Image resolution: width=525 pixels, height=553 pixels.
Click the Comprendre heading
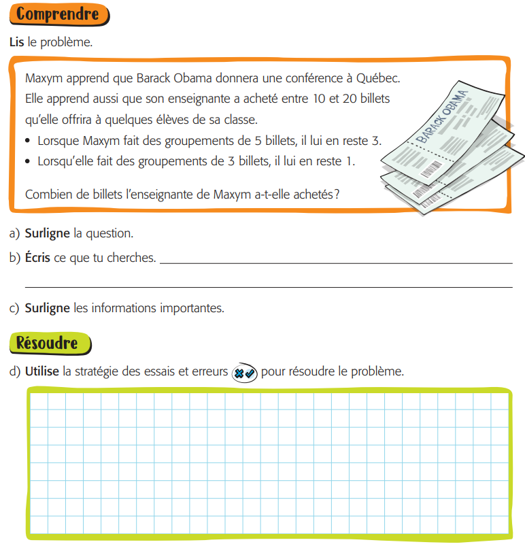[x=58, y=14]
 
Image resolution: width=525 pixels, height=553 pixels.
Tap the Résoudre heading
[x=48, y=343]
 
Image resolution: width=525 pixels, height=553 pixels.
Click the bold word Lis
[x=17, y=42]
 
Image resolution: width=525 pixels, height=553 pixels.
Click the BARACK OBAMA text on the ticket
[x=441, y=116]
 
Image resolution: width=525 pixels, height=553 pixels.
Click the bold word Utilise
[x=42, y=372]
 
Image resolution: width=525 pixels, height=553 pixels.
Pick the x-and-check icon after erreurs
[x=244, y=373]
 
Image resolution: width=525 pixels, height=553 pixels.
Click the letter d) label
[x=14, y=372]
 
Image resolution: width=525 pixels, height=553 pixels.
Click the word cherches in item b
[x=134, y=258]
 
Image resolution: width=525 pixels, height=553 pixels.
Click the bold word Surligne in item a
[x=47, y=233]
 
